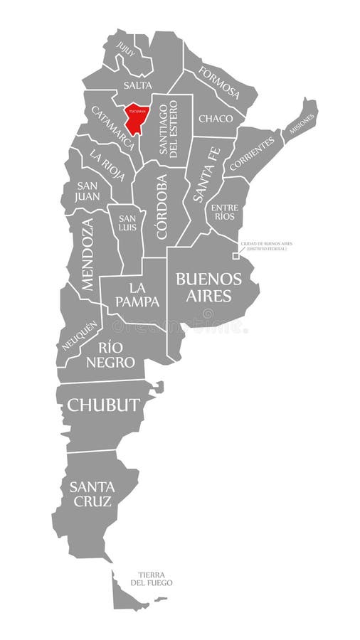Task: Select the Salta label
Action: [x=137, y=85]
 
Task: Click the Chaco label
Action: [x=215, y=118]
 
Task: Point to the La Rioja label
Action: [x=107, y=164]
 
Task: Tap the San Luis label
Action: [x=128, y=223]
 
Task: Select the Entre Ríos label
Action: [x=223, y=211]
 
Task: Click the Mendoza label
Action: [x=87, y=253]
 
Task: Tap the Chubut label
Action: [x=103, y=405]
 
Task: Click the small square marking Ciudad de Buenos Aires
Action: [x=235, y=256]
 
